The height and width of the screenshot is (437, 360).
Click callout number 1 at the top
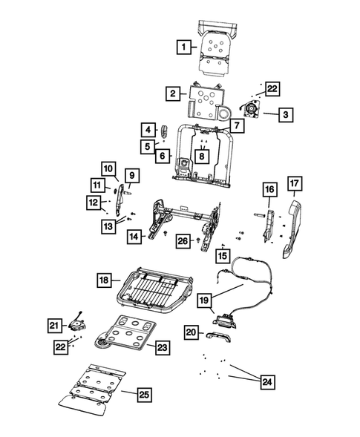(181, 47)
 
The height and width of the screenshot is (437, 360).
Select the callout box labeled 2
(172, 93)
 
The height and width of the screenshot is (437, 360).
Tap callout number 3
(287, 114)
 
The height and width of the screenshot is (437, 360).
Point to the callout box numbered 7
(236, 126)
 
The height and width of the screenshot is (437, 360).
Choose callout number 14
(134, 237)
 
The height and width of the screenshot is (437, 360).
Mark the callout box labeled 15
(221, 256)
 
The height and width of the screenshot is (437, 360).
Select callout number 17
(295, 183)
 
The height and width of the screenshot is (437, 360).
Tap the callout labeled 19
(205, 303)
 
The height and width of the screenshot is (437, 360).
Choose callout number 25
(143, 394)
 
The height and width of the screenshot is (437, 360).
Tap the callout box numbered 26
(183, 240)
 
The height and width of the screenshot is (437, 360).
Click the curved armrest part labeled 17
(290, 226)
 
